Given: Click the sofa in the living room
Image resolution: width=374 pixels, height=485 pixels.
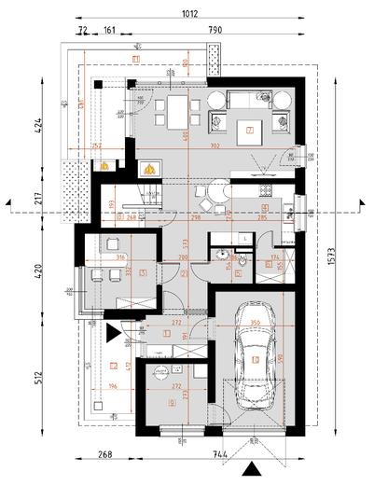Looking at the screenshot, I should [x=250, y=96].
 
